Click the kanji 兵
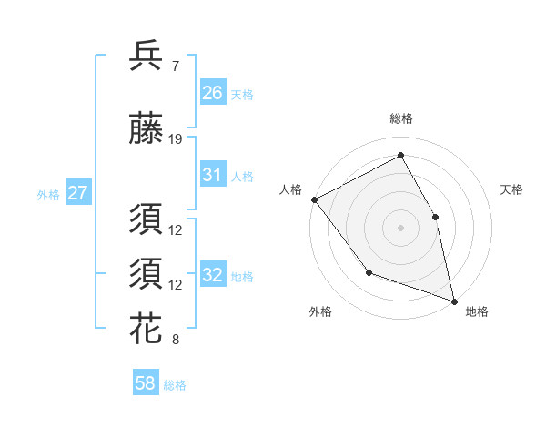[x=146, y=56]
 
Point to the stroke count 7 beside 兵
[x=175, y=66]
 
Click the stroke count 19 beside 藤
[x=176, y=138]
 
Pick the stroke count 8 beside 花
[x=175, y=341]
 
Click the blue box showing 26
[x=212, y=93]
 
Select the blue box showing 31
[x=212, y=175]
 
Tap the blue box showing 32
[x=212, y=275]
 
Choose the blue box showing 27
[x=77, y=194]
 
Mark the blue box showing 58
[x=146, y=384]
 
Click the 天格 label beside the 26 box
[x=241, y=94]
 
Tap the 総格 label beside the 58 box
[x=175, y=385]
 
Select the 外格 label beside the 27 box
[x=47, y=195]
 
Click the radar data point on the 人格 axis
[x=314, y=199]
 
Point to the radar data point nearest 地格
[x=453, y=300]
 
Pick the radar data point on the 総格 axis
[x=400, y=156]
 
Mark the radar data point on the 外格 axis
[x=369, y=271]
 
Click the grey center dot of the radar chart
[x=400, y=228]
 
